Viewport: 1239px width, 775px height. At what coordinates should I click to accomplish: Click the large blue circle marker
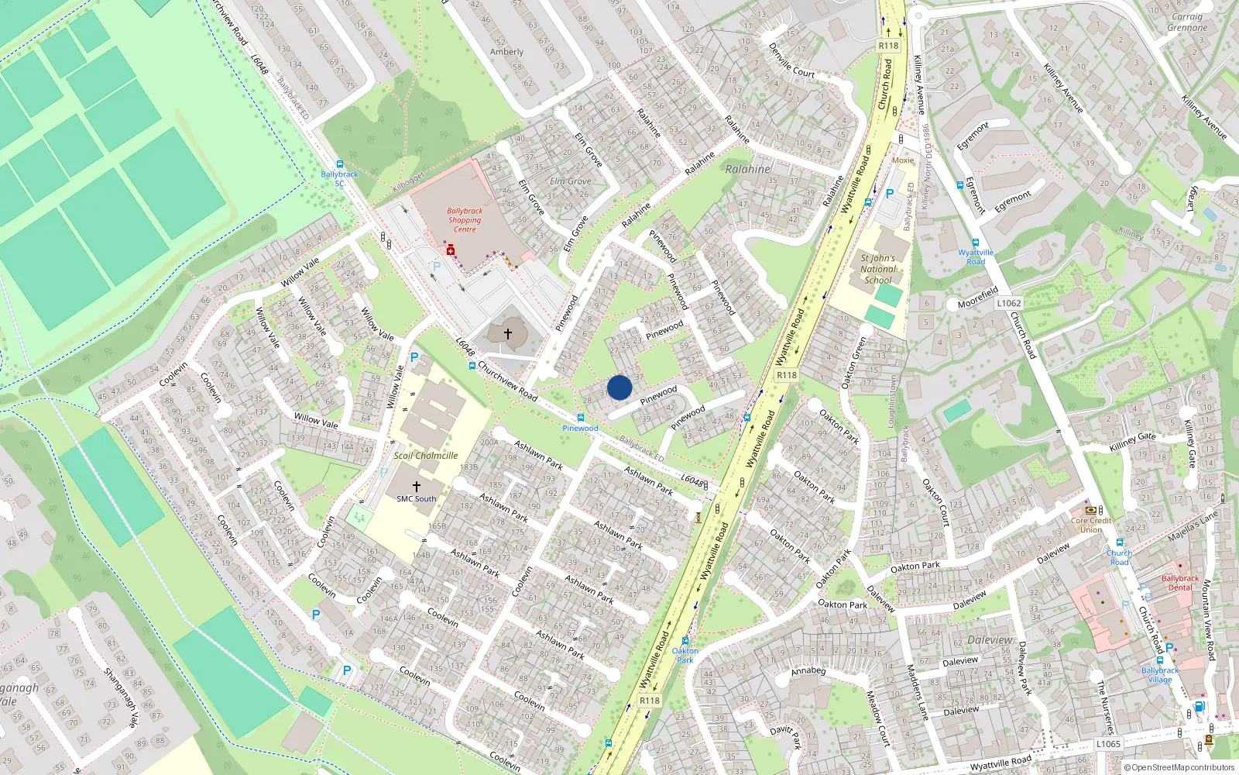[619, 387]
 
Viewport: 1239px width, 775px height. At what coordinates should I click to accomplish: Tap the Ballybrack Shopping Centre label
[465, 220]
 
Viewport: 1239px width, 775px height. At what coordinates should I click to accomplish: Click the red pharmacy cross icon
[450, 250]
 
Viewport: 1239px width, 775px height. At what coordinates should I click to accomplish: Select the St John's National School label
[877, 269]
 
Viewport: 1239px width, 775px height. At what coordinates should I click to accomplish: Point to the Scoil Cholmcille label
[425, 456]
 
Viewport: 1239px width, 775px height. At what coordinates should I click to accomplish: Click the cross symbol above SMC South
[416, 486]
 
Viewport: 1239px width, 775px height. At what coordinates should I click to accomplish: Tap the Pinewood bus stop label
[580, 428]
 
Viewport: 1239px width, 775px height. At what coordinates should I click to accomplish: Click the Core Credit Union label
[1091, 525]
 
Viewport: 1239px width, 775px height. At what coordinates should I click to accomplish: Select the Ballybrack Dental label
[1179, 583]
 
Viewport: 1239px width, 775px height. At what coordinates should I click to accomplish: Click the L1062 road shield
[1008, 303]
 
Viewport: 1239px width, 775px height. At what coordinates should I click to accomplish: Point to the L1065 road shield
[1108, 744]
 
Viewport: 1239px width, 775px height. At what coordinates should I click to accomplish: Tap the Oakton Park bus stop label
[685, 656]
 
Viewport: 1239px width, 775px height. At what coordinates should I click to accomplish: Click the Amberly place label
[506, 52]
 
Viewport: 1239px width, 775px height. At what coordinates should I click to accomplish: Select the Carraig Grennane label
[1187, 22]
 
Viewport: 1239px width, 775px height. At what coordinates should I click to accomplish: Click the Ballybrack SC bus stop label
[339, 179]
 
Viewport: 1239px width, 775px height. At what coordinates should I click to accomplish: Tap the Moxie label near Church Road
[903, 160]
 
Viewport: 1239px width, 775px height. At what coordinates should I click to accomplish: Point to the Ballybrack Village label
[1159, 675]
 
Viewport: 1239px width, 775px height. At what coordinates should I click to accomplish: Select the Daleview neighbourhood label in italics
[990, 640]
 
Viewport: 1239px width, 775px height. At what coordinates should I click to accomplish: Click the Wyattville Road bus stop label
[976, 257]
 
